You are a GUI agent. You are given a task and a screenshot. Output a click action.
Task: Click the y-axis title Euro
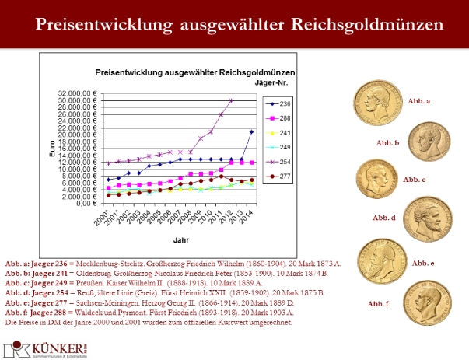pos(53,149)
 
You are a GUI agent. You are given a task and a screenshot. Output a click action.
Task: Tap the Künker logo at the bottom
pos(39,344)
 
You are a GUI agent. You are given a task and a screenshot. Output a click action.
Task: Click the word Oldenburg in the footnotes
pos(100,274)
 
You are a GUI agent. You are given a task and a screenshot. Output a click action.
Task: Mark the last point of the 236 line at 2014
pos(251,131)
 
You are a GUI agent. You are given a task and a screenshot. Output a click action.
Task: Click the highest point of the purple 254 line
pos(231,100)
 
